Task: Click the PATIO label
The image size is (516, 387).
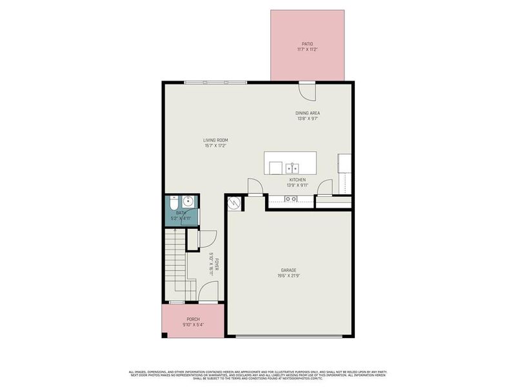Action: coord(307,44)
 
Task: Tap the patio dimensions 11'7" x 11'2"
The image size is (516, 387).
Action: coord(307,50)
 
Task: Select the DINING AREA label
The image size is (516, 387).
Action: coord(308,113)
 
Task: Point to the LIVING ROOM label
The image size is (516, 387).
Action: coord(215,140)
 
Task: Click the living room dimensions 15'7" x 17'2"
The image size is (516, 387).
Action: coord(215,146)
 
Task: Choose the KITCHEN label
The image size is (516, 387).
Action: coord(297,179)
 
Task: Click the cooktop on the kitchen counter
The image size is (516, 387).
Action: coord(291,199)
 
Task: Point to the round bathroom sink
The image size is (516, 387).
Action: coord(188,201)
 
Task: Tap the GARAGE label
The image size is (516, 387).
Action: coord(288,270)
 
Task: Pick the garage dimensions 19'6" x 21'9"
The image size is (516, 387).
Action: coord(288,276)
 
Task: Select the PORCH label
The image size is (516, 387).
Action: coord(193,319)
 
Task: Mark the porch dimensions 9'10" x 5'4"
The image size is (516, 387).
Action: coord(193,325)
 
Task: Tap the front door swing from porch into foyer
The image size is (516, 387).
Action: coord(208,293)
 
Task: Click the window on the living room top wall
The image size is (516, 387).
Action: coord(215,82)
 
